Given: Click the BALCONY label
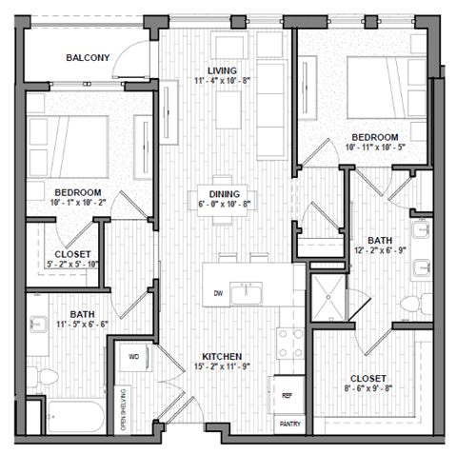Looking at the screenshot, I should click(x=88, y=58).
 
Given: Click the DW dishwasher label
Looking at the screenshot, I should click(x=219, y=293).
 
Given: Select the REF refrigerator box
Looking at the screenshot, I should click(x=287, y=392).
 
